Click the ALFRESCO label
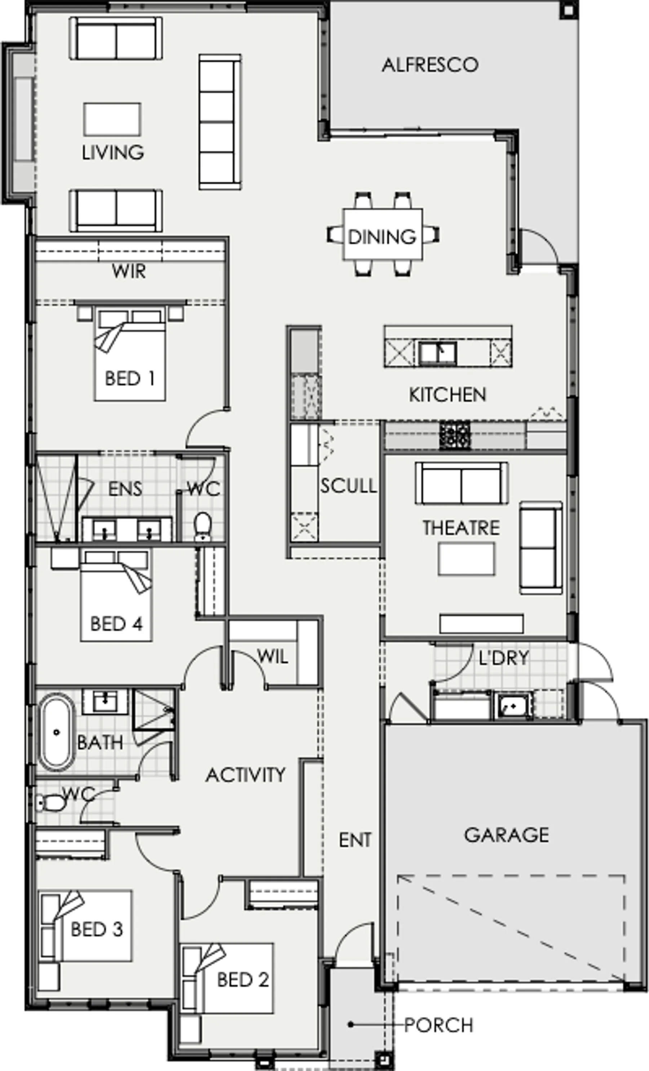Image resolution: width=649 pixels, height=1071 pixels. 430,65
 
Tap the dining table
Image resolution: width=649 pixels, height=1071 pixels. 382,234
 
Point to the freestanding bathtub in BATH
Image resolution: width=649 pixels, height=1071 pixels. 56,733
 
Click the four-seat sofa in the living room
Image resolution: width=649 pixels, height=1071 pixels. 220,122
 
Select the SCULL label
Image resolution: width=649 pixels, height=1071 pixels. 348,486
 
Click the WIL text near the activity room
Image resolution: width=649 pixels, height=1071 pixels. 272,656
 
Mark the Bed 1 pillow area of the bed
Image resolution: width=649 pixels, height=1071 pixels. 130,316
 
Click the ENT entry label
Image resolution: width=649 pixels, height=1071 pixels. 355,840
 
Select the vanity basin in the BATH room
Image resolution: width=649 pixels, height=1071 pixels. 105,701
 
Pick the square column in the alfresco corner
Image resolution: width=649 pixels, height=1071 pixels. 568,10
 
